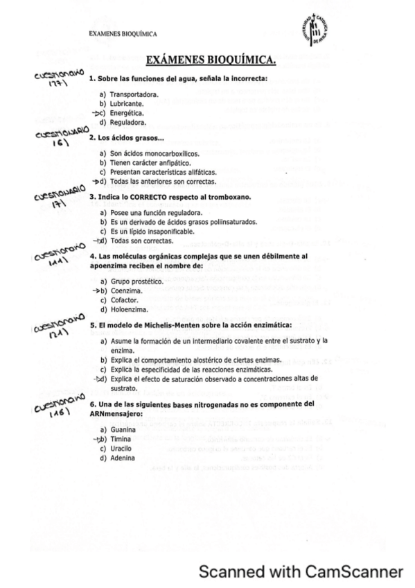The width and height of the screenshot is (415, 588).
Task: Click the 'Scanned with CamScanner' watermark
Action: [x=301, y=571]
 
